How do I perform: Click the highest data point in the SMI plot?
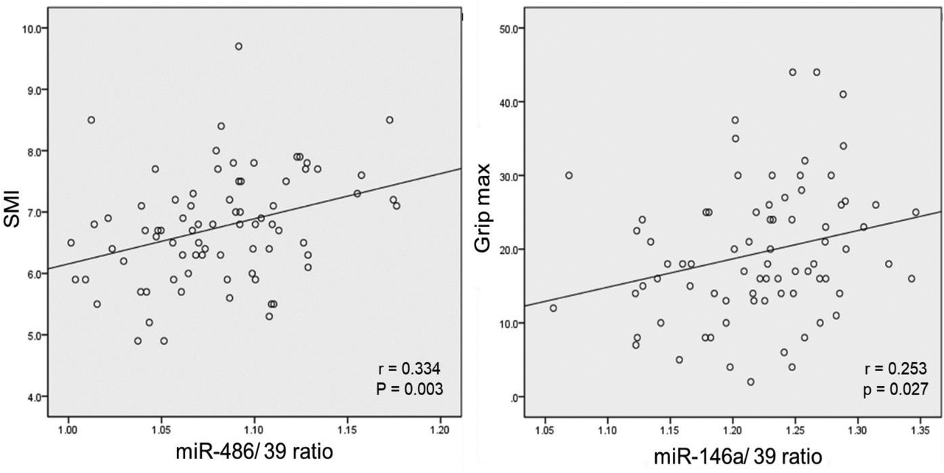tap(238, 46)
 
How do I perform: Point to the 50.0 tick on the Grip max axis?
tap(511, 28)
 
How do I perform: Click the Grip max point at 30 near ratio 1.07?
tap(569, 175)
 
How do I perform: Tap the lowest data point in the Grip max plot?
tap(750, 382)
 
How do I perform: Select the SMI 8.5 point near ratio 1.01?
tap(91, 120)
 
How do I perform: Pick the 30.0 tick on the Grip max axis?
tap(511, 175)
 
